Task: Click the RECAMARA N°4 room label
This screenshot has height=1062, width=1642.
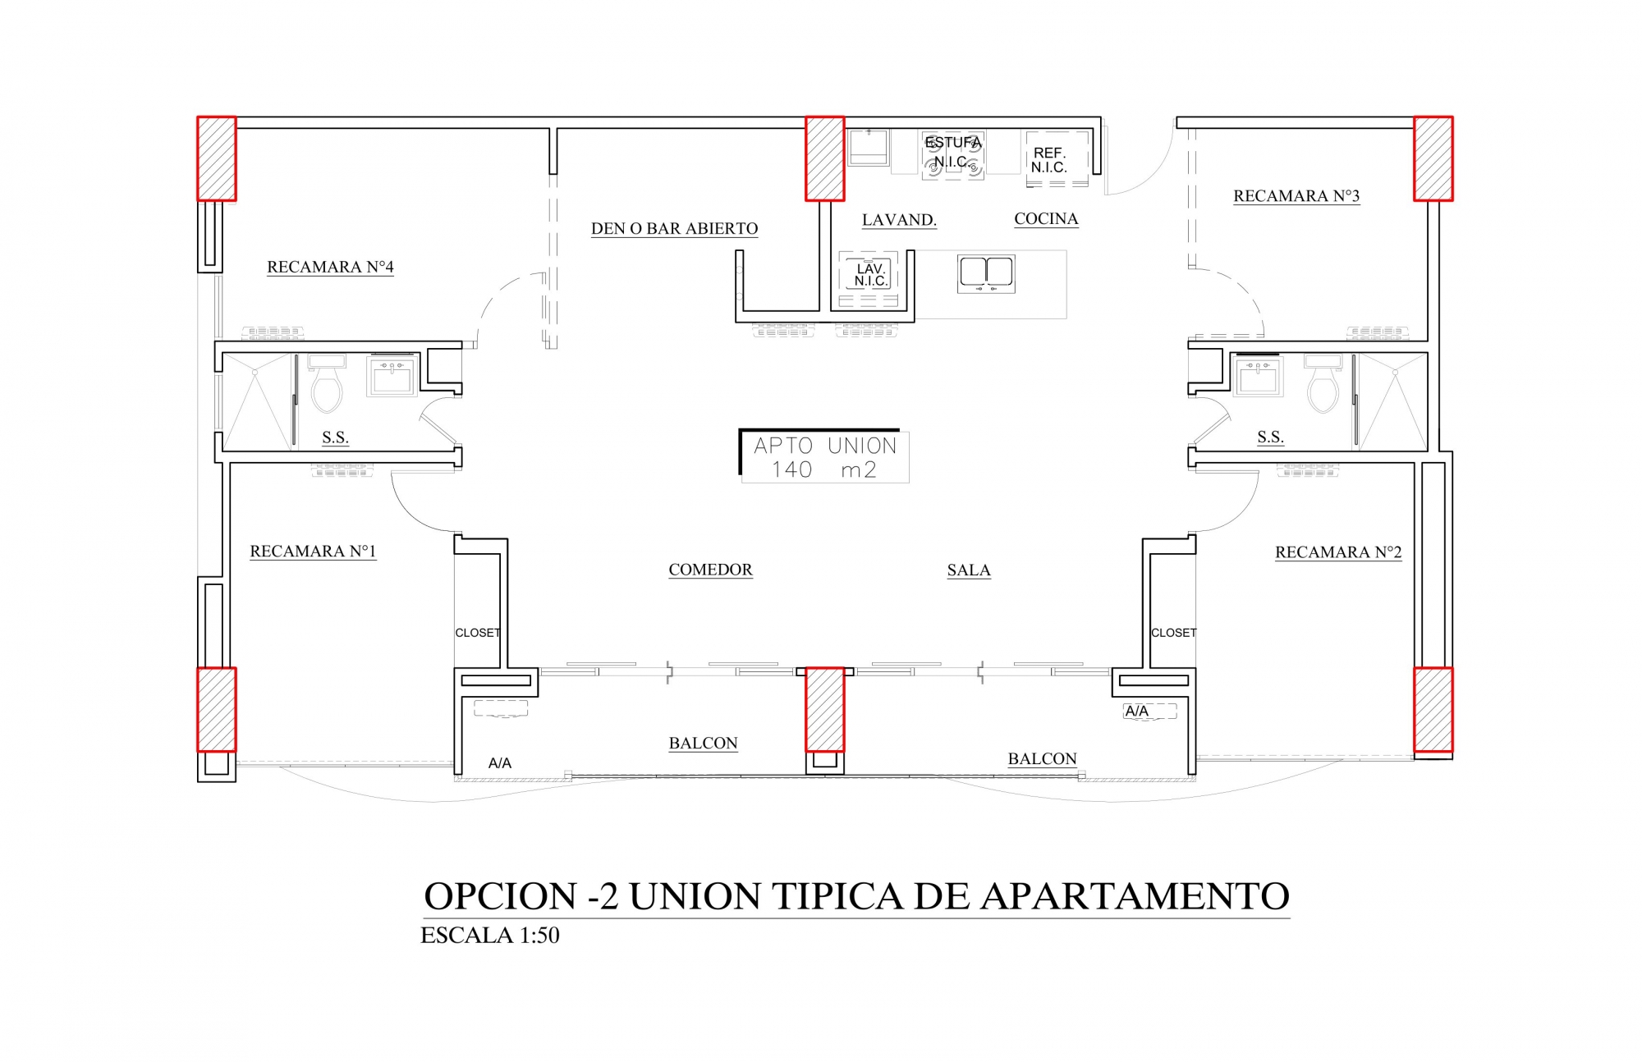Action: coord(330,267)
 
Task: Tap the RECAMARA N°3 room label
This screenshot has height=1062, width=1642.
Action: coord(1296,196)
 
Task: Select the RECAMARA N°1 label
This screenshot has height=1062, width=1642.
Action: coord(313,552)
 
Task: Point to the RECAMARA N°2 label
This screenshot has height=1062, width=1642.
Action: coord(1338,552)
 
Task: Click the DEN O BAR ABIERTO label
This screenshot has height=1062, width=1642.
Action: coord(674,229)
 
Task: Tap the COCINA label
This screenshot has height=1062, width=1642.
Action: coord(1046,219)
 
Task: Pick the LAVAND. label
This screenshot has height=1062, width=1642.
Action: coord(899,220)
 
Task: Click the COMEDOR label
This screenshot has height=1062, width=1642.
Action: coord(710,570)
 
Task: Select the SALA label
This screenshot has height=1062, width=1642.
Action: coord(969,570)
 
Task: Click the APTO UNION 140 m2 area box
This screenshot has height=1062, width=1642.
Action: coord(824,456)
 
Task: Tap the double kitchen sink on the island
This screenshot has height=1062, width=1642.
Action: coord(986,273)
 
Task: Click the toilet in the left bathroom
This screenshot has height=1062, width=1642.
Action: coord(326,385)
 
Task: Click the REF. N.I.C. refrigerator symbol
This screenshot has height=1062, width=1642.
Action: coord(1057,158)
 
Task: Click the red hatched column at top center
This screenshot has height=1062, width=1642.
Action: coord(824,158)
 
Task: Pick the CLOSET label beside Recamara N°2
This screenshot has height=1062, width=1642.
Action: coord(1173,633)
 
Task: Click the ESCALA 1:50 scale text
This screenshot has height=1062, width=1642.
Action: coord(490,936)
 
